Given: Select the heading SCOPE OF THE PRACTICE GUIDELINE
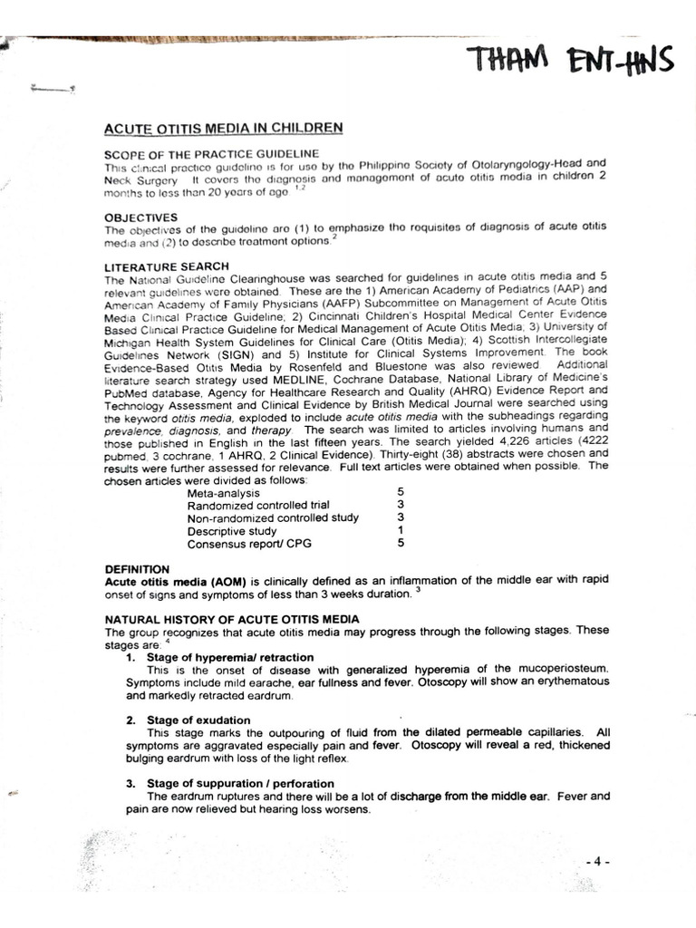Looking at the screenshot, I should pyautogui.click(x=212, y=153).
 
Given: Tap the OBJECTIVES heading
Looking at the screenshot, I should pyautogui.click(x=141, y=217).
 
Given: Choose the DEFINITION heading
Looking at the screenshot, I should pyautogui.click(x=138, y=568).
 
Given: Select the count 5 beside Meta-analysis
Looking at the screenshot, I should pyautogui.click(x=400, y=492).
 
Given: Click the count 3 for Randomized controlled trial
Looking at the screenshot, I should pyautogui.click(x=400, y=505).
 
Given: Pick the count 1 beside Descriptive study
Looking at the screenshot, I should pyautogui.click(x=400, y=530).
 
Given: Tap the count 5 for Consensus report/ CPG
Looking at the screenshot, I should pyautogui.click(x=400, y=544).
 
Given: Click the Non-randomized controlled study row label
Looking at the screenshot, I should pyautogui.click(x=273, y=517).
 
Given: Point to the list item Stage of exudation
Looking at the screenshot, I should pyautogui.click(x=198, y=720).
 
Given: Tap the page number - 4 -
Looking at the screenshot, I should pyautogui.click(x=597, y=861).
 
